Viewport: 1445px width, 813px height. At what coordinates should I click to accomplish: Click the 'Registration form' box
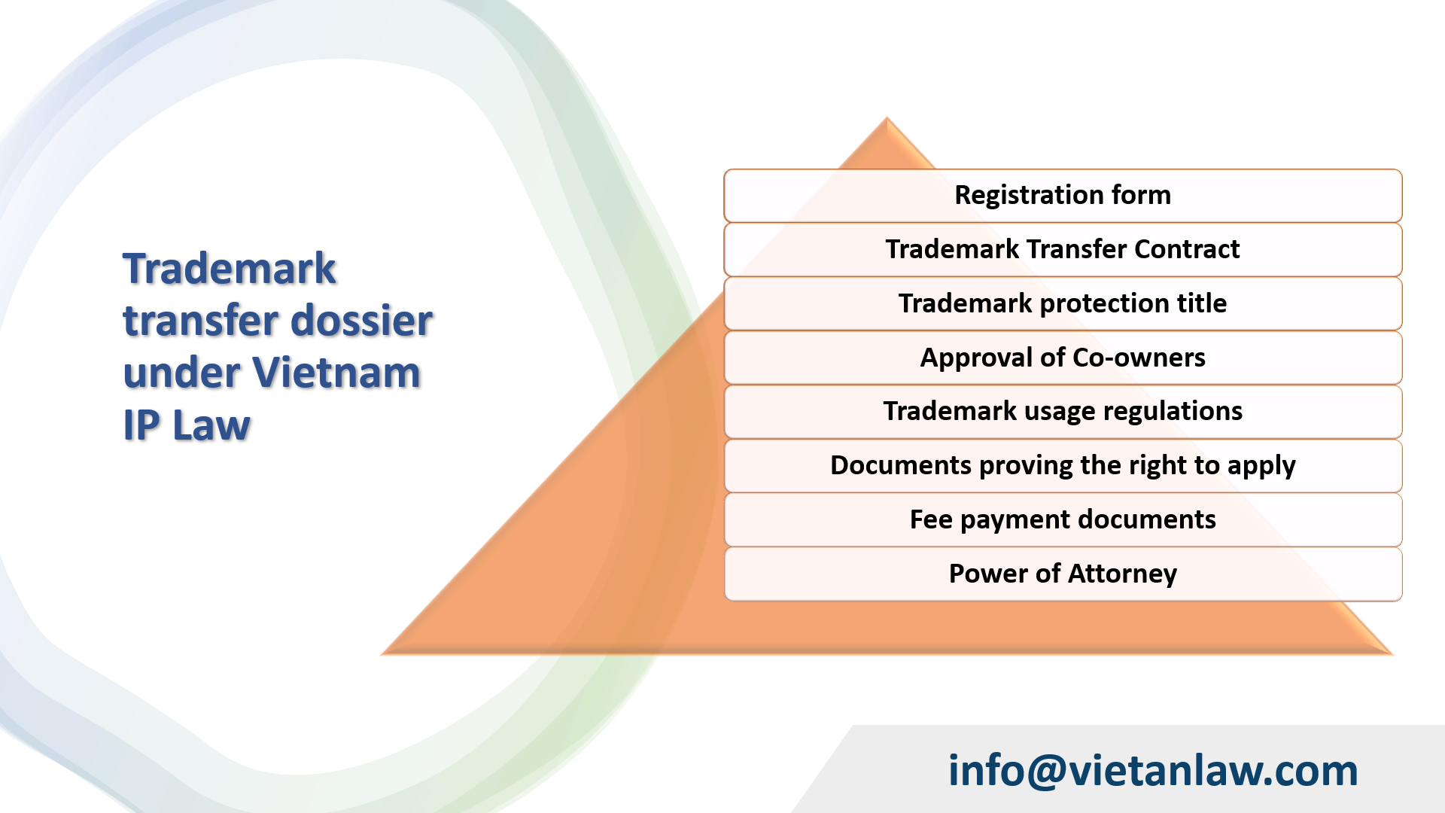(x=1063, y=196)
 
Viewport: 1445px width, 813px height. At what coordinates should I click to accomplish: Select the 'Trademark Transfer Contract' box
(x=1063, y=249)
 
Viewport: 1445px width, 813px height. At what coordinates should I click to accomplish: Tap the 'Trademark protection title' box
(x=1063, y=303)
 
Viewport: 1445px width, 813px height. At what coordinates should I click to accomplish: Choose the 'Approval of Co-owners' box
(x=1063, y=358)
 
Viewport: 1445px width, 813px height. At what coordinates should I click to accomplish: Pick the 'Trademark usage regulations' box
(x=1063, y=411)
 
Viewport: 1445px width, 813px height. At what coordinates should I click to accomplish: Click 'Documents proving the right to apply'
(x=1063, y=465)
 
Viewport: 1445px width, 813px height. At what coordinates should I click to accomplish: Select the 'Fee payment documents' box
(x=1063, y=519)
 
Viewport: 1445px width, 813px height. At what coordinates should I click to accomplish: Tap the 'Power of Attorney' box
(x=1063, y=574)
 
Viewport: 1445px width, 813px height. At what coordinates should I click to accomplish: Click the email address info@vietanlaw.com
(x=1152, y=771)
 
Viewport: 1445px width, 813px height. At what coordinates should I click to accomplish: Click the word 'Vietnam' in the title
(x=336, y=373)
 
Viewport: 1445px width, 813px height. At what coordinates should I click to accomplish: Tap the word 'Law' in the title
(x=211, y=426)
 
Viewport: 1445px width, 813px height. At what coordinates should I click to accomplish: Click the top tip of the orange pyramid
(x=887, y=120)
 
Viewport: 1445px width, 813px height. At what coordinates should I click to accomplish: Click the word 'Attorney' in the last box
(x=1122, y=574)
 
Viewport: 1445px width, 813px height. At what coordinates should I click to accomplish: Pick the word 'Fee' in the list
(x=931, y=519)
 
